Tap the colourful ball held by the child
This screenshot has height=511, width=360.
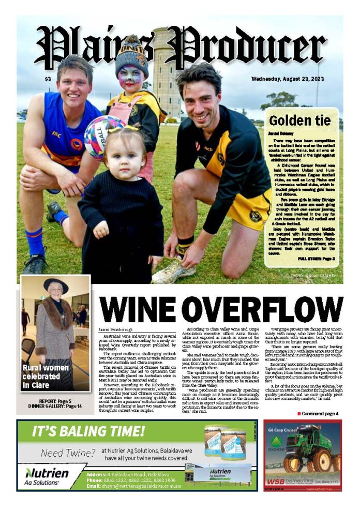[103, 137]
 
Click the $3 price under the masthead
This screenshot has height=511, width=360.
[48, 79]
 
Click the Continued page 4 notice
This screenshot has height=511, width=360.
[319, 413]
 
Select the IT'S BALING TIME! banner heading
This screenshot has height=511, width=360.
[88, 431]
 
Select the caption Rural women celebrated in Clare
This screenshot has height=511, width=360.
[44, 377]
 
